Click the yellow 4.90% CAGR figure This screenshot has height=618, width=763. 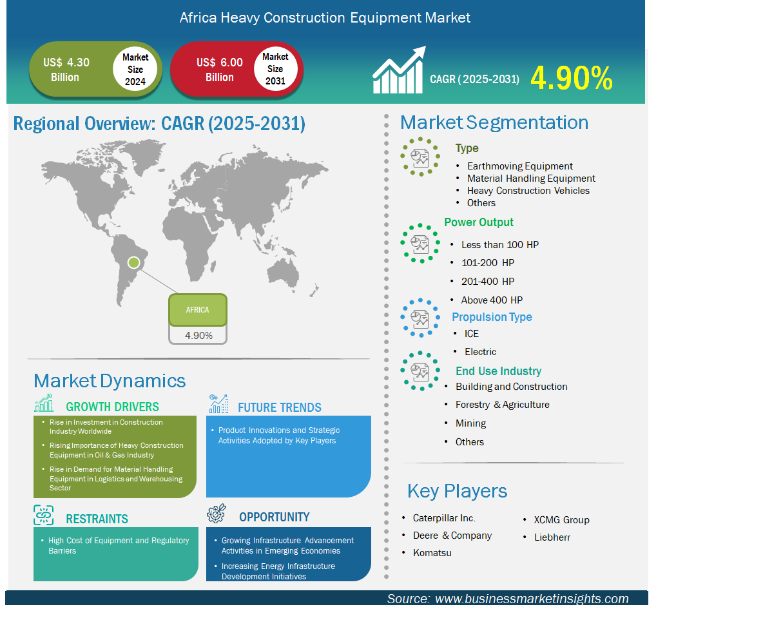[571, 78]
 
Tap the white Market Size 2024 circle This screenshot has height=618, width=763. [135, 69]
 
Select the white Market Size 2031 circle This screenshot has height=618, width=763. [275, 68]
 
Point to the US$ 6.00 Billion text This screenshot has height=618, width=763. [220, 70]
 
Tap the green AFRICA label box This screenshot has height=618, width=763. [198, 309]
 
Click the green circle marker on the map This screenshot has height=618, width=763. [133, 263]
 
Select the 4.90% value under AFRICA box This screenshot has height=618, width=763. [198, 335]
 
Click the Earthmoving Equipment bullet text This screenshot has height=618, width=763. [519, 166]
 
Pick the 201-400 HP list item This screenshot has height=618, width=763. [488, 281]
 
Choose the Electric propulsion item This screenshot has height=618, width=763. [480, 351]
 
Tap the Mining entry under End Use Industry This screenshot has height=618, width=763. [470, 423]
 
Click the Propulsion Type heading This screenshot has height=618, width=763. [492, 317]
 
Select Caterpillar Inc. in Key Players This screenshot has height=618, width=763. [444, 517]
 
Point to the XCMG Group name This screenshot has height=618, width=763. [561, 519]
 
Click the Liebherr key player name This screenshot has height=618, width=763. [552, 537]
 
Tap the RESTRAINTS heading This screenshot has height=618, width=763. [97, 519]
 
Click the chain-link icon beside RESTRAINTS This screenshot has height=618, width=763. [44, 515]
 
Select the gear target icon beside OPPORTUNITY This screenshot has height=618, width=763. [217, 514]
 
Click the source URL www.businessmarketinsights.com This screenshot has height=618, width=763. [532, 599]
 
